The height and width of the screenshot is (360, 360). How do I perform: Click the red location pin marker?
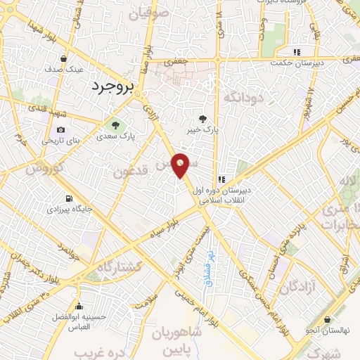pyautogui.click(x=181, y=165)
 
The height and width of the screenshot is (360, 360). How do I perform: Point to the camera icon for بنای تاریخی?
pyautogui.click(x=61, y=129)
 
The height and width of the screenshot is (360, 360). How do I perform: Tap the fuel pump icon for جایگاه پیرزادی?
pyautogui.click(x=68, y=198)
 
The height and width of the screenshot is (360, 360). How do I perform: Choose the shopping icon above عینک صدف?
pyautogui.click(x=65, y=59)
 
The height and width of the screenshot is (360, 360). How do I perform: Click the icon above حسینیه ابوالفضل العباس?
pyautogui.click(x=79, y=306)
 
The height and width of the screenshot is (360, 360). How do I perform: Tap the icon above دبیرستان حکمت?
pyautogui.click(x=297, y=52)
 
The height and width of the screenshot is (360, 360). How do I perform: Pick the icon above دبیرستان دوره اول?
pyautogui.click(x=221, y=179)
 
